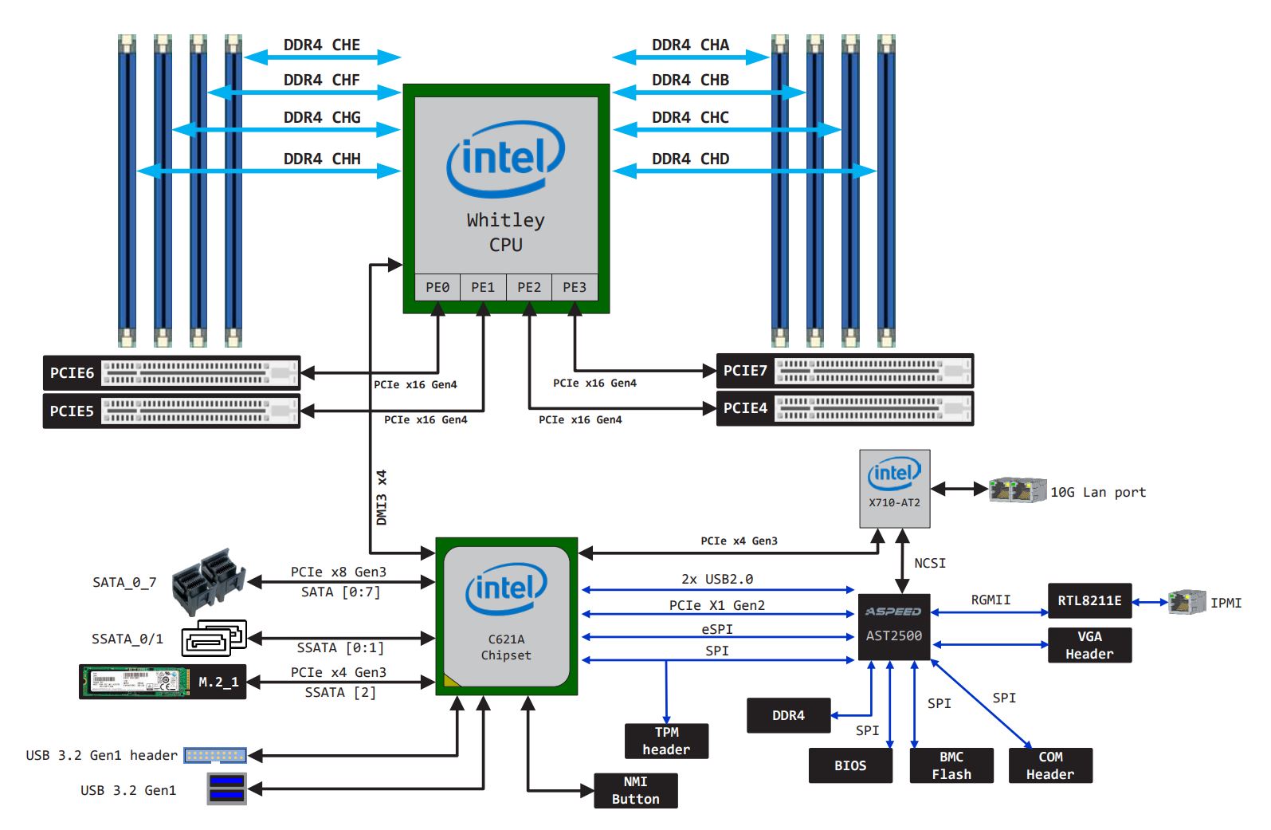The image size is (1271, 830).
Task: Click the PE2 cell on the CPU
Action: coord(528,287)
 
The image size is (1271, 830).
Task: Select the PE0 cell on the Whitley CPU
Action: coord(437,287)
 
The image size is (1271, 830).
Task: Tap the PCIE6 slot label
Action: coord(72,372)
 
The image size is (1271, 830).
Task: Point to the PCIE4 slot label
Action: coord(745,408)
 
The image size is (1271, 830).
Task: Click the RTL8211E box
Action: coord(1089,600)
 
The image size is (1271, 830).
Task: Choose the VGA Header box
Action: coord(1089,645)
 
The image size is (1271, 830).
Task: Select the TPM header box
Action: coord(666,741)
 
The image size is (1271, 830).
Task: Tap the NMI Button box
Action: coord(635,790)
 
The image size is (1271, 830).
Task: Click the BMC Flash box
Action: coord(951,765)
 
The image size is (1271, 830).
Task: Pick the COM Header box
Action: coord(1050,765)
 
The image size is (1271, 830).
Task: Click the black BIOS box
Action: coord(850,765)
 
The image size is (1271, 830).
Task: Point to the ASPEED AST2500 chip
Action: coord(894,627)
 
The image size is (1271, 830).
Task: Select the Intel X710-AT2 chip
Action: coord(894,488)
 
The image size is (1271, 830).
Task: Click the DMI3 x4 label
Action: coord(382,497)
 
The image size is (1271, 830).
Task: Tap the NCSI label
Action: coord(930,563)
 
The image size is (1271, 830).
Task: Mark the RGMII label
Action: coord(991,600)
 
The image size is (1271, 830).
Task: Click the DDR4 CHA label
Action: coord(690,45)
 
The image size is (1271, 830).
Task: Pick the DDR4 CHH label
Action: coord(322,159)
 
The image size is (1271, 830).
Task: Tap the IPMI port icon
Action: coord(1187,602)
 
